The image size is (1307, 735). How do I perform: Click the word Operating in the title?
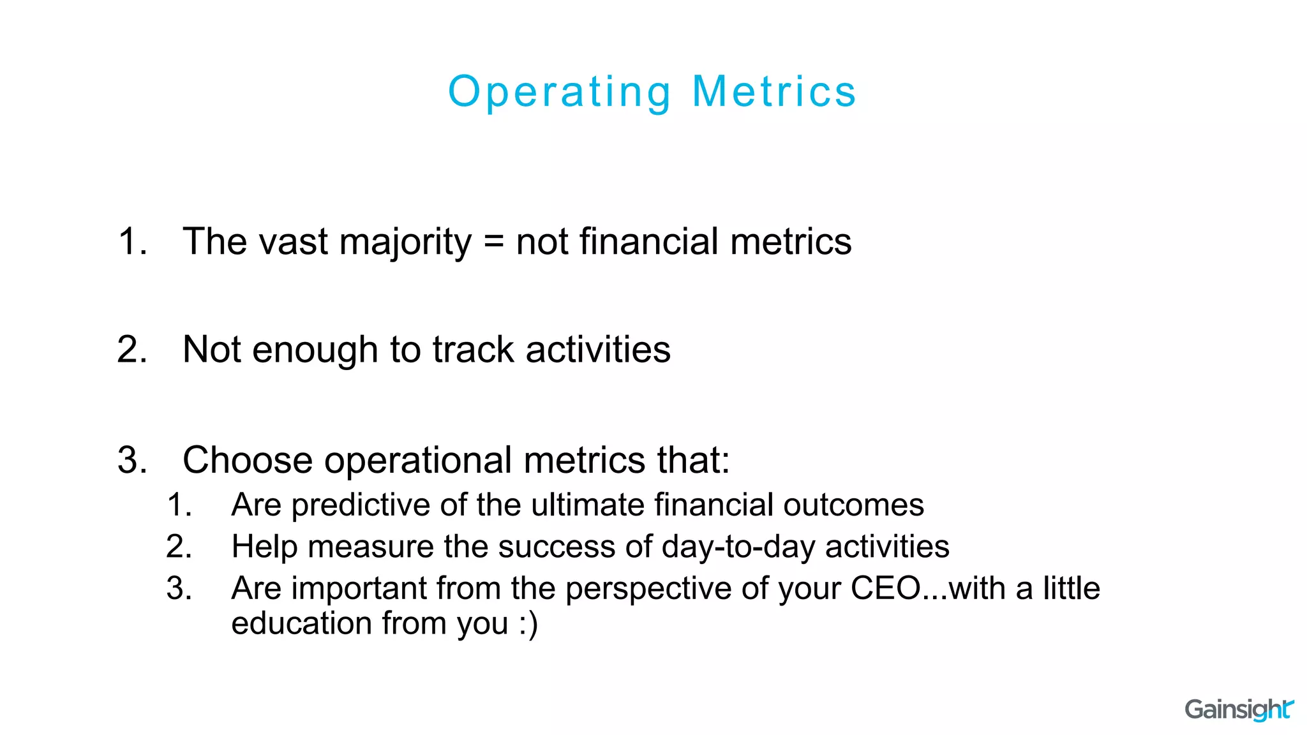point(560,92)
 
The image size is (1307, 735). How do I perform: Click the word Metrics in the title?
point(774,92)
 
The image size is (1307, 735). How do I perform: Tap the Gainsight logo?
point(1239,709)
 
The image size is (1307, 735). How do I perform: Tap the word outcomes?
point(853,505)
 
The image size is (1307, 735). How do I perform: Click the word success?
point(555,547)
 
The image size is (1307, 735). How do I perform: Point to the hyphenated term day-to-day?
point(738,547)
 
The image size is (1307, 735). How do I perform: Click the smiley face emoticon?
point(528,624)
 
